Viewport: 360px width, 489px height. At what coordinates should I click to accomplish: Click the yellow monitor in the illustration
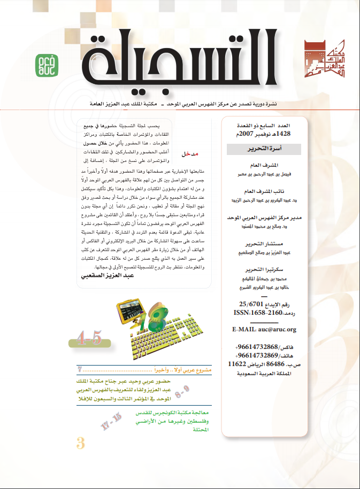coord(131,312)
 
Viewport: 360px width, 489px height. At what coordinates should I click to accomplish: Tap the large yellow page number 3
coord(81,443)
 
